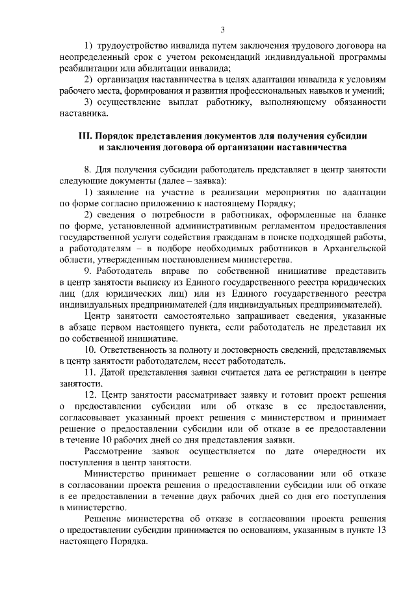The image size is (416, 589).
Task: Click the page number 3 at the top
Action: [x=222, y=29]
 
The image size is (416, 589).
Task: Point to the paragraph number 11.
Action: [x=90, y=372]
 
